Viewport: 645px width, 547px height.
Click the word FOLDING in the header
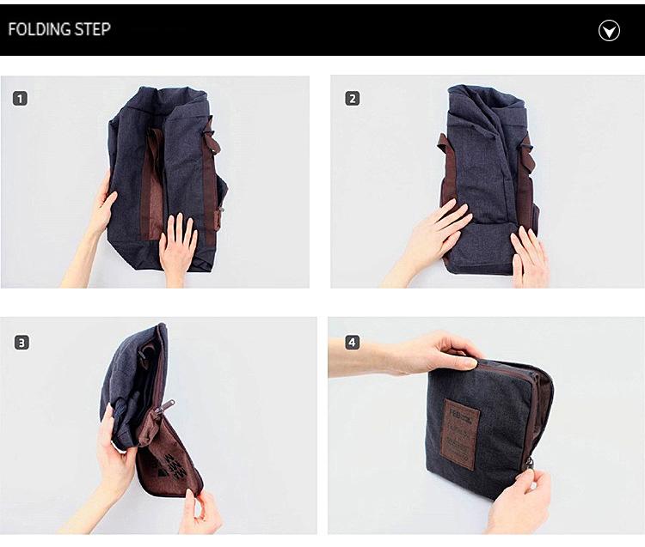click(40, 29)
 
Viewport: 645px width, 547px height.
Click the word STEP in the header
click(91, 29)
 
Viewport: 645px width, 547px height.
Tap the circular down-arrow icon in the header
click(609, 31)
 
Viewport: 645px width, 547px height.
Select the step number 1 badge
click(20, 98)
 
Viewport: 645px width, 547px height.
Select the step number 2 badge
click(352, 98)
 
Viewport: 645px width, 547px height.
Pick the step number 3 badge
click(21, 342)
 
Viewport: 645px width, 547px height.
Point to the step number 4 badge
click(352, 342)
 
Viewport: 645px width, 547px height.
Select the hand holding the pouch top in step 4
click(434, 352)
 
